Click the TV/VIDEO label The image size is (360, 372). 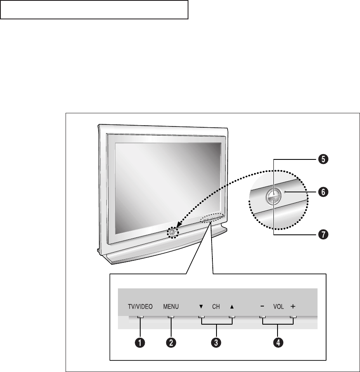[140, 307]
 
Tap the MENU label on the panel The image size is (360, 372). [171, 307]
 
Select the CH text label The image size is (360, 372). [216, 307]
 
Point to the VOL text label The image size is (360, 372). [278, 307]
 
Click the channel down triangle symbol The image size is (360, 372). [201, 307]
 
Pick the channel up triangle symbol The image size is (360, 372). [232, 307]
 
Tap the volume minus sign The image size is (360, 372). [262, 307]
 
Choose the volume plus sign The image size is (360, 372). [293, 307]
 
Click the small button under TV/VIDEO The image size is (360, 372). [140, 318]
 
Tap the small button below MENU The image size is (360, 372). [171, 318]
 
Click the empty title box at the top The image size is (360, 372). [94, 9]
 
